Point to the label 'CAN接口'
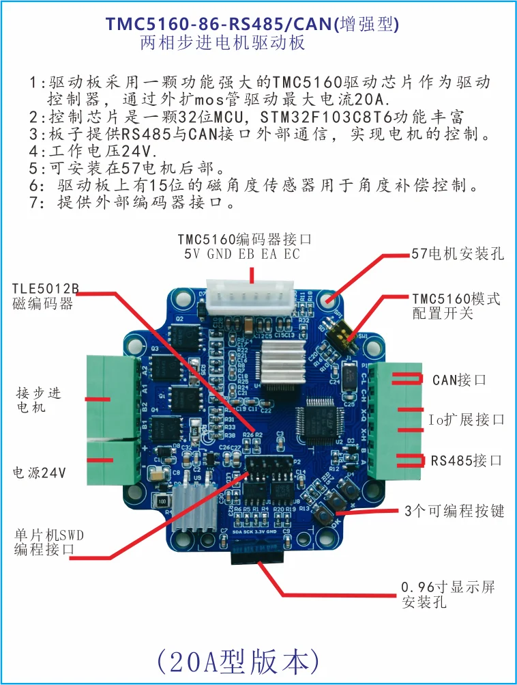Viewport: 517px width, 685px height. [x=460, y=380]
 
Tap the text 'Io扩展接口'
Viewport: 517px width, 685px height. [x=467, y=419]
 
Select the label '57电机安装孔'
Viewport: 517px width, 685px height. [x=458, y=254]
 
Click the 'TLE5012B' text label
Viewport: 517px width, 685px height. [x=45, y=290]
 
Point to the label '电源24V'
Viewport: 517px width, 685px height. [x=40, y=473]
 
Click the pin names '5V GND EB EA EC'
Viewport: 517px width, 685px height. [x=241, y=254]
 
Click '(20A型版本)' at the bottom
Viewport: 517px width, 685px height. [x=238, y=660]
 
